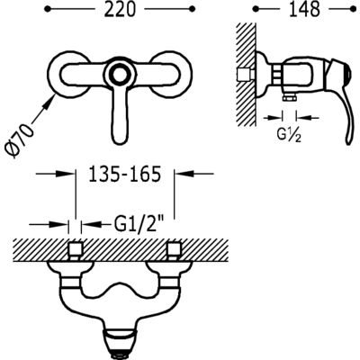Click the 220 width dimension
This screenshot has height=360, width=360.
tap(120, 10)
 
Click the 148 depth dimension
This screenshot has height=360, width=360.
tap(304, 10)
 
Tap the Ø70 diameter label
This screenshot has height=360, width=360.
tap(19, 140)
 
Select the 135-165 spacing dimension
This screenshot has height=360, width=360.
tap(125, 175)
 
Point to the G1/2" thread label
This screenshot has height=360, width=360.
tap(139, 223)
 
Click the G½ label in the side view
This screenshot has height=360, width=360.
tap(289, 136)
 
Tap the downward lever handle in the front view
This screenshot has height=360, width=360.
tap(122, 116)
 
